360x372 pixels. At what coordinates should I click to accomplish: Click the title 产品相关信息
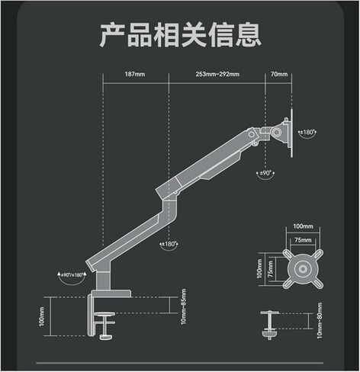(180, 35)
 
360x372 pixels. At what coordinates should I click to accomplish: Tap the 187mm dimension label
(135, 74)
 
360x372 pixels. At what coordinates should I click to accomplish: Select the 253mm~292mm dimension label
(217, 74)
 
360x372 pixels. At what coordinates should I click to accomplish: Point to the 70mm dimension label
(279, 74)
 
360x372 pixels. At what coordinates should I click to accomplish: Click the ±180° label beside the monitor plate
(307, 132)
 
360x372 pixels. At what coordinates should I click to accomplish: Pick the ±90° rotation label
(265, 173)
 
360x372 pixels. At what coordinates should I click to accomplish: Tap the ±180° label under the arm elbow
(169, 244)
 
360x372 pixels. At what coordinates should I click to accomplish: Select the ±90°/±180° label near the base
(72, 274)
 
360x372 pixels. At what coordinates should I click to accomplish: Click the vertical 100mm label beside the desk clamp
(42, 316)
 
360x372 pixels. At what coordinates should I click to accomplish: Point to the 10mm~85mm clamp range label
(184, 306)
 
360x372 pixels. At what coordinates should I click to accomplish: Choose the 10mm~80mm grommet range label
(320, 320)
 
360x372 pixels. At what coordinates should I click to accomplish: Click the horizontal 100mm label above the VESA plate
(303, 226)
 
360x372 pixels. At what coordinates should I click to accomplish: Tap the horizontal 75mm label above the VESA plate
(303, 240)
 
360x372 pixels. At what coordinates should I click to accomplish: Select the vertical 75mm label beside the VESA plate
(270, 269)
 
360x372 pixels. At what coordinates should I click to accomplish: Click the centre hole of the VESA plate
(303, 269)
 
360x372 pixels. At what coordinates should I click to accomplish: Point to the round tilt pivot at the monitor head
(276, 132)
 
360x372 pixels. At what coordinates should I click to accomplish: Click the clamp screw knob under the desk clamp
(104, 337)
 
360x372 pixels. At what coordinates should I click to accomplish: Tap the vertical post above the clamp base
(103, 281)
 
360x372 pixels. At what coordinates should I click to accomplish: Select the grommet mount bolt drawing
(270, 325)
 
